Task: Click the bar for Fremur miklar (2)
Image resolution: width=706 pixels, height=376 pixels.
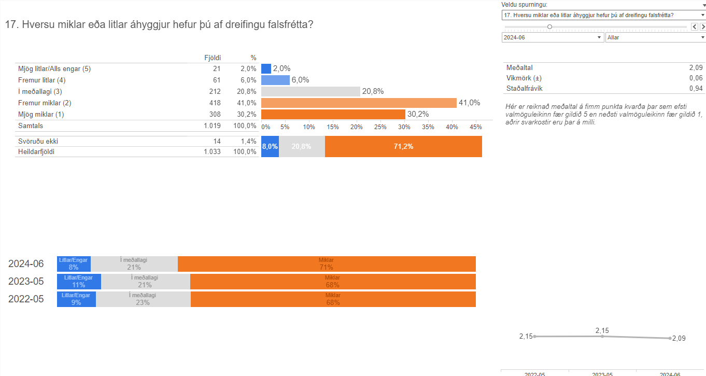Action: tap(359, 103)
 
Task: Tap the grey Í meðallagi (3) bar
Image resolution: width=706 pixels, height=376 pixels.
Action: tap(310, 91)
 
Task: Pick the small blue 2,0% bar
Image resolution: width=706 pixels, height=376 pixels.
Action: tap(266, 68)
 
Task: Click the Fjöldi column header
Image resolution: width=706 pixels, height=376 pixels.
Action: tap(213, 58)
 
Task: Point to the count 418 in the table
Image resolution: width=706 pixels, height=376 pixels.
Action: tap(215, 103)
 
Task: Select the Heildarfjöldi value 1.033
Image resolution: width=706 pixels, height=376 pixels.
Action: tap(213, 151)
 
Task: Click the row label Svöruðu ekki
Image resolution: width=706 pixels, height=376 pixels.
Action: tap(37, 141)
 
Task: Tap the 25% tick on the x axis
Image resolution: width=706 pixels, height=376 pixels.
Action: tap(380, 127)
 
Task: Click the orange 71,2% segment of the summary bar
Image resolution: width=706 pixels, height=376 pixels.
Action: tap(403, 146)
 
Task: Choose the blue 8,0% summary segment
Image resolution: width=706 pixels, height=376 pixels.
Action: tap(270, 146)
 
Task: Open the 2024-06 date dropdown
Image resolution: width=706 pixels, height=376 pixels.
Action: tap(553, 37)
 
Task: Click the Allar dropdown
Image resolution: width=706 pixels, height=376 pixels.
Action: tap(655, 37)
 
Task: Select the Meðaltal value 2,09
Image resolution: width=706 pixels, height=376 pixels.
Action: tap(696, 67)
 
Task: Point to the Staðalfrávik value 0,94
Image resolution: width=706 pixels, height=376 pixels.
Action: tap(696, 88)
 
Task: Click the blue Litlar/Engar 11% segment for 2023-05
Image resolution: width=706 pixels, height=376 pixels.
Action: tap(79, 282)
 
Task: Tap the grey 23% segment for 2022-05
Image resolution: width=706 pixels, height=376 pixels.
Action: tap(143, 299)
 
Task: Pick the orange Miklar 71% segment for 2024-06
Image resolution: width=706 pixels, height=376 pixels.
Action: tap(327, 264)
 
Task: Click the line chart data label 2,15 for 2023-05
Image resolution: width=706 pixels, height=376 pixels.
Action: tap(602, 330)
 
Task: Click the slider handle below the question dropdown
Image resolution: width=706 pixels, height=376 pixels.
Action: tap(549, 26)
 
